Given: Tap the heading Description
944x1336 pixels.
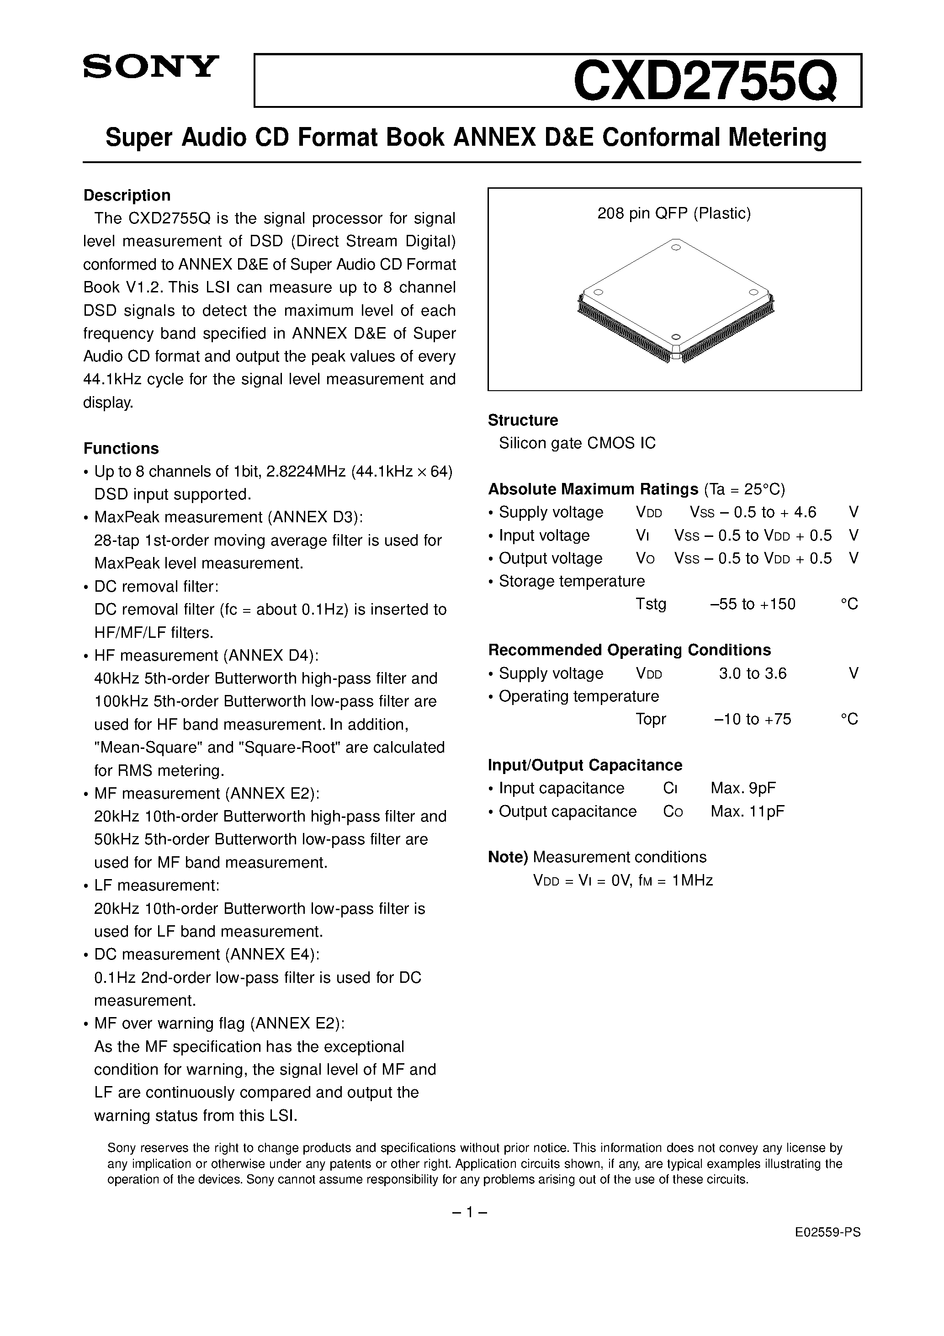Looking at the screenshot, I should point(127,195).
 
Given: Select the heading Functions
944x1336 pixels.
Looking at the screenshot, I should point(121,448).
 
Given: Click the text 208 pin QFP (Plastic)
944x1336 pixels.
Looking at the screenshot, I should point(674,213).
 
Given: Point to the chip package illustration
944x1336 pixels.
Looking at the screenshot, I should point(675,302).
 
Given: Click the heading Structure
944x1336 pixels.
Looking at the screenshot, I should point(523,420).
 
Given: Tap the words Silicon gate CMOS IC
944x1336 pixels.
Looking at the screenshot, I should point(577,443).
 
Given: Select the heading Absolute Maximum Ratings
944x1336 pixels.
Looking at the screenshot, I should point(593,489).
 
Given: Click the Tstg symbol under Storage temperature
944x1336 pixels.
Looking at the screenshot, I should point(651,604).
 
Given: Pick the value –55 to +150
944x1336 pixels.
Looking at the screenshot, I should point(753,604).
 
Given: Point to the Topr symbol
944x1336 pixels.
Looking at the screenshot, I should point(651,719).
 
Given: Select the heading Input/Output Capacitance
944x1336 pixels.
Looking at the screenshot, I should point(585,765).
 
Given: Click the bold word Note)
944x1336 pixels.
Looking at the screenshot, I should point(508,857).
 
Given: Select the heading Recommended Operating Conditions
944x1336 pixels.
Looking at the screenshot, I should point(629,650).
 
